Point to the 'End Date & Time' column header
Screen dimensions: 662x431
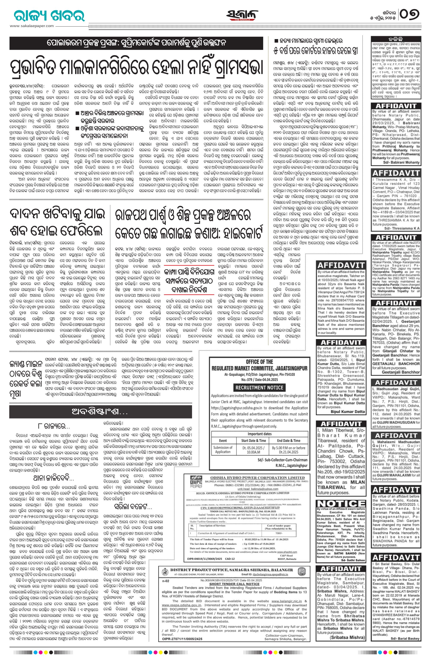coord(289,440)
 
